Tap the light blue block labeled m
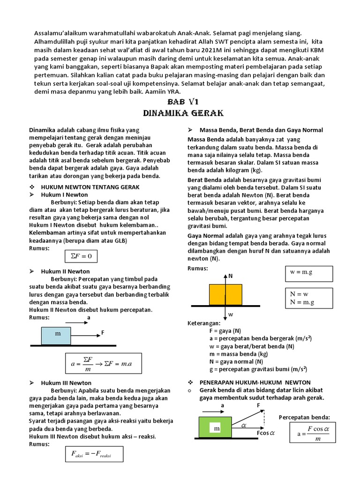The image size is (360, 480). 56,336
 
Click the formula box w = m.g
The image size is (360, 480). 308,273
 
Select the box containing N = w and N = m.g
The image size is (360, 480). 308,298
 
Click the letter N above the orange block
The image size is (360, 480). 231,276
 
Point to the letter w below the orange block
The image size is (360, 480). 231,315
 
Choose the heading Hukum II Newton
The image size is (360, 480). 65,271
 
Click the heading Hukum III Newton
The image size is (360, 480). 66,383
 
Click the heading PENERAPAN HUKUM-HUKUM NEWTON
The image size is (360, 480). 255,382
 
